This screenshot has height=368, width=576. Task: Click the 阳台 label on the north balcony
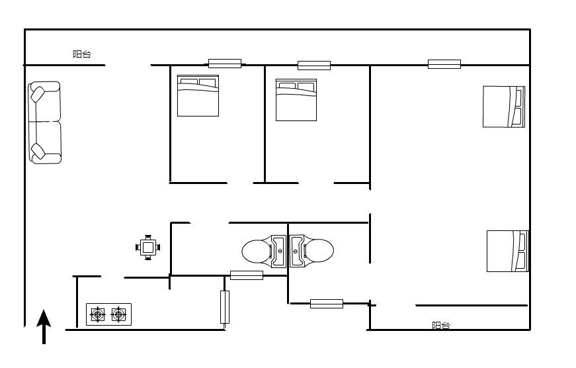[x=81, y=54]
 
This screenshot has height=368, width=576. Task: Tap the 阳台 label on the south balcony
[x=441, y=326]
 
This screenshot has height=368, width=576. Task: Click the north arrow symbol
[x=44, y=326]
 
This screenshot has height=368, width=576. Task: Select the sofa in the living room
[x=44, y=123]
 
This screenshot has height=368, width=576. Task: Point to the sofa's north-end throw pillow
[x=38, y=94]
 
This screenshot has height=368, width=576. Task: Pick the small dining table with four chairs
[x=147, y=248]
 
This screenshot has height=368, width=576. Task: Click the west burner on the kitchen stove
[x=98, y=314]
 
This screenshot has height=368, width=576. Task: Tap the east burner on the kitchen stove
[x=118, y=314]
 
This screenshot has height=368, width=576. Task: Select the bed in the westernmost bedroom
[x=198, y=95]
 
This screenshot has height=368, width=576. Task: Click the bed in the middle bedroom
[x=296, y=100]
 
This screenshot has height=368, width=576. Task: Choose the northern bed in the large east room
[x=504, y=107]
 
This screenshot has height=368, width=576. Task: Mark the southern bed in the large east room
[x=508, y=251]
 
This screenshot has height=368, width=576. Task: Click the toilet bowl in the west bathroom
[x=257, y=252]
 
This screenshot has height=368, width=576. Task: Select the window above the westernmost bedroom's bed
[x=225, y=64]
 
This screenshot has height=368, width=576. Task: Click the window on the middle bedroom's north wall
[x=314, y=66]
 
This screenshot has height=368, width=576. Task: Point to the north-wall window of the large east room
[x=444, y=64]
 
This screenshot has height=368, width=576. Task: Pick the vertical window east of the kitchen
[x=225, y=307]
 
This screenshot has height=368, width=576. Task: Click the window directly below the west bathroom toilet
[x=247, y=275]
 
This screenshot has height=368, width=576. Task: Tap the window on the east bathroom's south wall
[x=327, y=304]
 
